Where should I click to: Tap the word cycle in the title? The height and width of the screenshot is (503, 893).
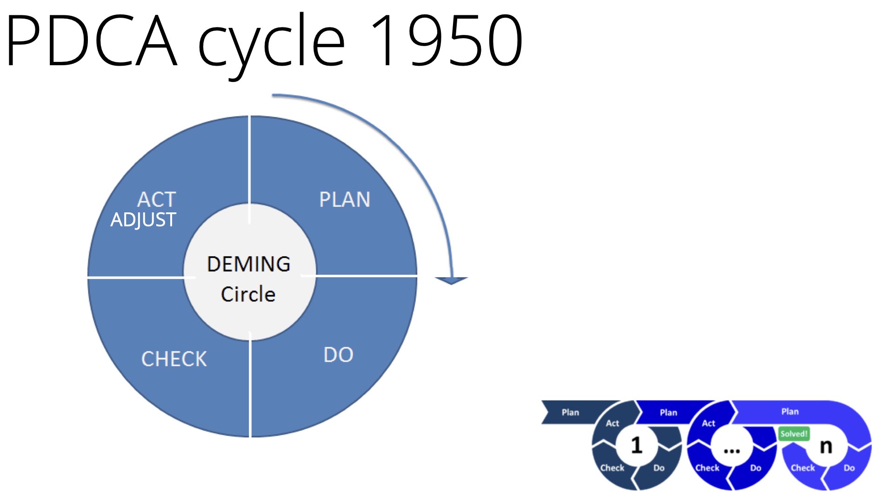[x=272, y=46]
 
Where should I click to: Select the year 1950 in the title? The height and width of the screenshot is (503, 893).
[x=447, y=40]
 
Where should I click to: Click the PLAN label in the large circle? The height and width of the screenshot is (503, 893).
[x=345, y=199]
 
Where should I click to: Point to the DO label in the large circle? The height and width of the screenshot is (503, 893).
[x=339, y=355]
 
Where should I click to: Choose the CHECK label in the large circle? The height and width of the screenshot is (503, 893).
[x=174, y=359]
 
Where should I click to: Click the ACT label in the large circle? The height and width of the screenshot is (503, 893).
[x=157, y=199]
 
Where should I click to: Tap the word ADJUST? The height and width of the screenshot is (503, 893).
[x=143, y=219]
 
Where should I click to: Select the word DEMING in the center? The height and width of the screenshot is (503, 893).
[x=249, y=264]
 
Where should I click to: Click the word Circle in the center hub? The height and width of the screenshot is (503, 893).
[x=248, y=294]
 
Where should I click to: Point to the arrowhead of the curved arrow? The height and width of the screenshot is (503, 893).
[x=451, y=280]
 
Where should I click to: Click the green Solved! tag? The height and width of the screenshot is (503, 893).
[x=794, y=434]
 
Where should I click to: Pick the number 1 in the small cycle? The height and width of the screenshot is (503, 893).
[x=637, y=445]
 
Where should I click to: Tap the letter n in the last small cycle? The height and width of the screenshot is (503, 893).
[x=826, y=447]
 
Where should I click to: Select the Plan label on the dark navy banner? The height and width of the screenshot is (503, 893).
[x=570, y=412]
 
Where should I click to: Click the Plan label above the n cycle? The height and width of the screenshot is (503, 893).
[x=790, y=411]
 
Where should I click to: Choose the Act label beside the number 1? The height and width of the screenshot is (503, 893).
[x=613, y=423]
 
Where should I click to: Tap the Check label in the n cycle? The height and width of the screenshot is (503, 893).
[x=803, y=468]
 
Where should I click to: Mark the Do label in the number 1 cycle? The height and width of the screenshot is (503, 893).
[x=659, y=468]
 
